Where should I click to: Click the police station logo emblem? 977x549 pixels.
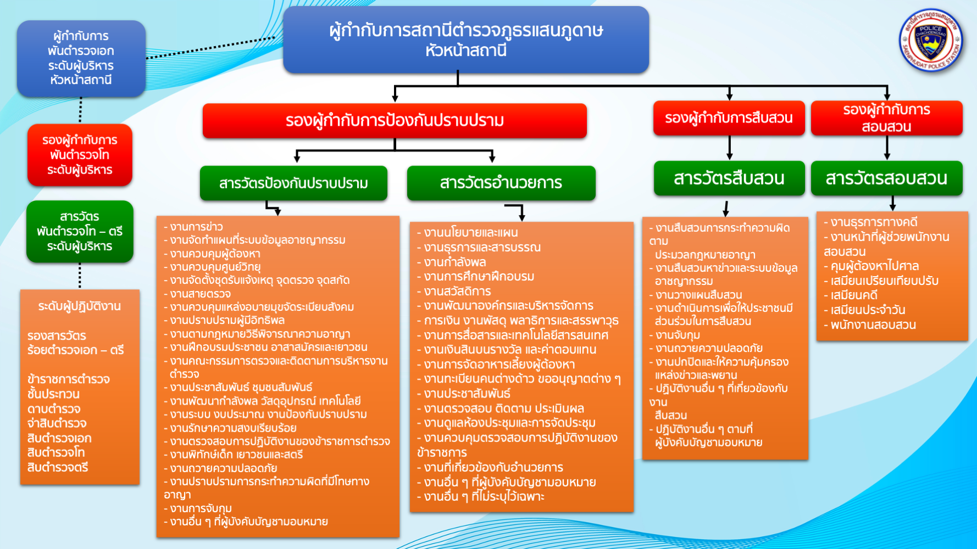[931, 40]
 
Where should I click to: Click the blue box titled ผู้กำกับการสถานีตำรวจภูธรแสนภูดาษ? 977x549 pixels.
[466, 40]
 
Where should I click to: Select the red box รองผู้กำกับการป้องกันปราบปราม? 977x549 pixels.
[395, 120]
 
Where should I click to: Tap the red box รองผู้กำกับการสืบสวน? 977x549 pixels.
[729, 117]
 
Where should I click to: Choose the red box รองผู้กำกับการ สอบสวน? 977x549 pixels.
[886, 117]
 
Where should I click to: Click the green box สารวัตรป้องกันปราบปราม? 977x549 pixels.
[293, 183]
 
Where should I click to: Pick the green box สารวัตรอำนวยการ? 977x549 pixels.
[501, 183]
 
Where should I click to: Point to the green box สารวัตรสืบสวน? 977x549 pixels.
[729, 178]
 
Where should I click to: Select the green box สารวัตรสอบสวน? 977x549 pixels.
[886, 178]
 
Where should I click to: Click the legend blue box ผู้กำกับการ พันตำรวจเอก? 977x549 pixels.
[81, 58]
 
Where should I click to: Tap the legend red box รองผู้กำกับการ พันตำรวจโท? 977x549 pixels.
[80, 155]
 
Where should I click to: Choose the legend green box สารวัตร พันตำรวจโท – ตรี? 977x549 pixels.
[80, 231]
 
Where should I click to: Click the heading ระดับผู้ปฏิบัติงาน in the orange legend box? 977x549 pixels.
[80, 306]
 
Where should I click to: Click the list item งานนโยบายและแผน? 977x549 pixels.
[468, 233]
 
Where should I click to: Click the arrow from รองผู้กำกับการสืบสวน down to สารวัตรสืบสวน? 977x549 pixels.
[729, 148]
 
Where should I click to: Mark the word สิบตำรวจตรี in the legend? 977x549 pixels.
[58, 468]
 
